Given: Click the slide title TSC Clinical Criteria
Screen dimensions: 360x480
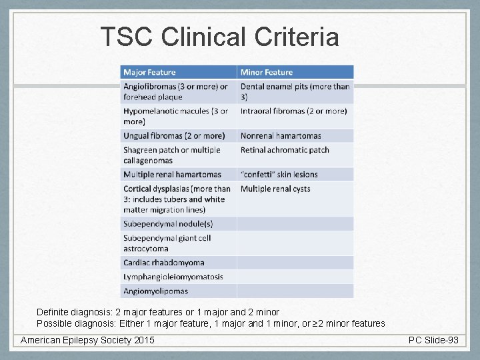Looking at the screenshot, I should (219, 37).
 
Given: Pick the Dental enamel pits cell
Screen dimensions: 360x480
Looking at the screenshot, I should (295, 91).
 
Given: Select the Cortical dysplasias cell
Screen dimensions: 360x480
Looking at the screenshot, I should (177, 199).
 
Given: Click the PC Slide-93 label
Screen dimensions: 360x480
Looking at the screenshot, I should (433, 340).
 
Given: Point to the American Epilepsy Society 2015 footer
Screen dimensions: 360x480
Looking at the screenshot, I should (87, 340).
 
